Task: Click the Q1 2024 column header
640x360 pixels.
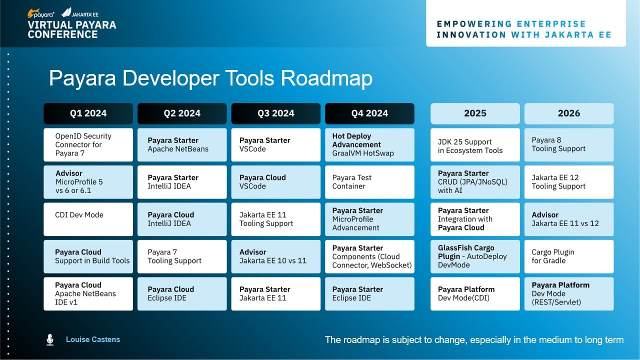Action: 88,113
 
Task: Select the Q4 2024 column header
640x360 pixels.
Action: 369,113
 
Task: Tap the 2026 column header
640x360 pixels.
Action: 569,113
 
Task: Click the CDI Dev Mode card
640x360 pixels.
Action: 88,219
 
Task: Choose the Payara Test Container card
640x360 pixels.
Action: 369,182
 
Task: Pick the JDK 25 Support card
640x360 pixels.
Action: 475,145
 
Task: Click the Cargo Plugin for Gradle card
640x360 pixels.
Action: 569,256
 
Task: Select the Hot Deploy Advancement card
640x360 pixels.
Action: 369,145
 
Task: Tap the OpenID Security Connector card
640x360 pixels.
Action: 88,145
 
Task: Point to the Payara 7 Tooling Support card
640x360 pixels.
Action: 182,256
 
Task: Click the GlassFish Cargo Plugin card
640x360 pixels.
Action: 475,256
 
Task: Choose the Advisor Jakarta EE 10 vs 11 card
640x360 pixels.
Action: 275,256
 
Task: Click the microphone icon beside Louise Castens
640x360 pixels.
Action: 50,339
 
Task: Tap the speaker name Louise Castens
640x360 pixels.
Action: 93,339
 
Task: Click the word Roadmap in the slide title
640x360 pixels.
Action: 326,78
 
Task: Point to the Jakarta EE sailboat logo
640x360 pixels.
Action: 66,12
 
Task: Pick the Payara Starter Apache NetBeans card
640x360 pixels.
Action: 182,145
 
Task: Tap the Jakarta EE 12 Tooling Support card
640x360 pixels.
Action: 569,182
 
